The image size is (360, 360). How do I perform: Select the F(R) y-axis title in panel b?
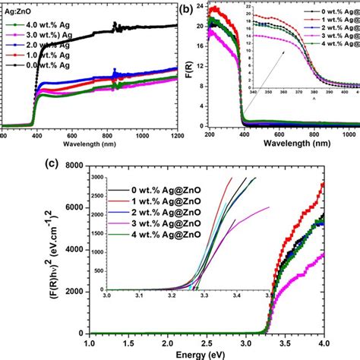point(189,70)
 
